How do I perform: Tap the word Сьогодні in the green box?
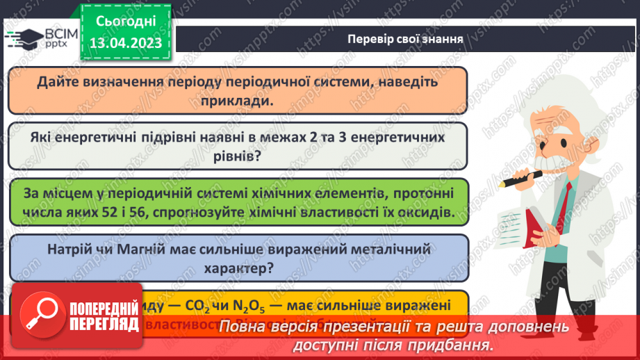coord(125,21)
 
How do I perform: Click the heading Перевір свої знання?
coord(406,38)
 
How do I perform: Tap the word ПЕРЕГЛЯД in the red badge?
coord(103,325)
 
